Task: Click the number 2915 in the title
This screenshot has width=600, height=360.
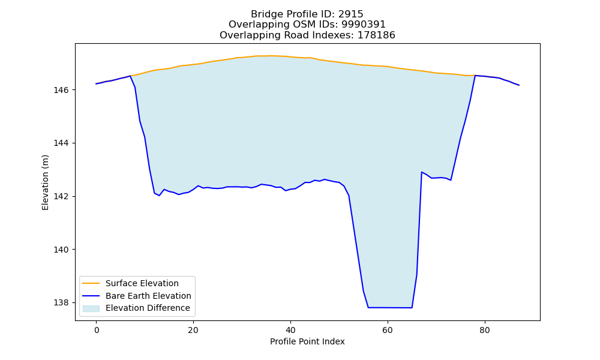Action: pyautogui.click(x=350, y=14)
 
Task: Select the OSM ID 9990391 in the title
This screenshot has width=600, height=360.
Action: pyautogui.click(x=364, y=25)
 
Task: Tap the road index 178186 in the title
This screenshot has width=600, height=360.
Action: pyautogui.click(x=376, y=35)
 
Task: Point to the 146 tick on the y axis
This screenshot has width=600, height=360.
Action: pyautogui.click(x=61, y=90)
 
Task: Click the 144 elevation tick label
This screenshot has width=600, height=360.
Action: pyautogui.click(x=61, y=143)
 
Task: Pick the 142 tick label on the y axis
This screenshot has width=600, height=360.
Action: pyautogui.click(x=61, y=197)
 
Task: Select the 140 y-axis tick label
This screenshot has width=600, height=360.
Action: pyautogui.click(x=61, y=250)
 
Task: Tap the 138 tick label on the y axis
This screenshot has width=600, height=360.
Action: pyautogui.click(x=61, y=303)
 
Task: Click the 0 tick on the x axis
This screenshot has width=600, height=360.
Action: pyautogui.click(x=97, y=330)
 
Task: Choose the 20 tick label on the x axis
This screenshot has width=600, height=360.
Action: pyautogui.click(x=193, y=330)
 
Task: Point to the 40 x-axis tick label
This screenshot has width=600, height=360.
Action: pyautogui.click(x=290, y=330)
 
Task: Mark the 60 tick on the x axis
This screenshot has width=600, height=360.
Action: pyautogui.click(x=388, y=330)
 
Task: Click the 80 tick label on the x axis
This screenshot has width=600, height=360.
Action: pyautogui.click(x=484, y=330)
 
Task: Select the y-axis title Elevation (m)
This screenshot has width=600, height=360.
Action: pyautogui.click(x=45, y=182)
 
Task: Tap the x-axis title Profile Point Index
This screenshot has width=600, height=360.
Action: pyautogui.click(x=307, y=341)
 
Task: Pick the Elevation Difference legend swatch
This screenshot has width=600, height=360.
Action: pyautogui.click(x=91, y=308)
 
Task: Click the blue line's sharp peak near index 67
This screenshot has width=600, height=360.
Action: pyautogui.click(x=422, y=172)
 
